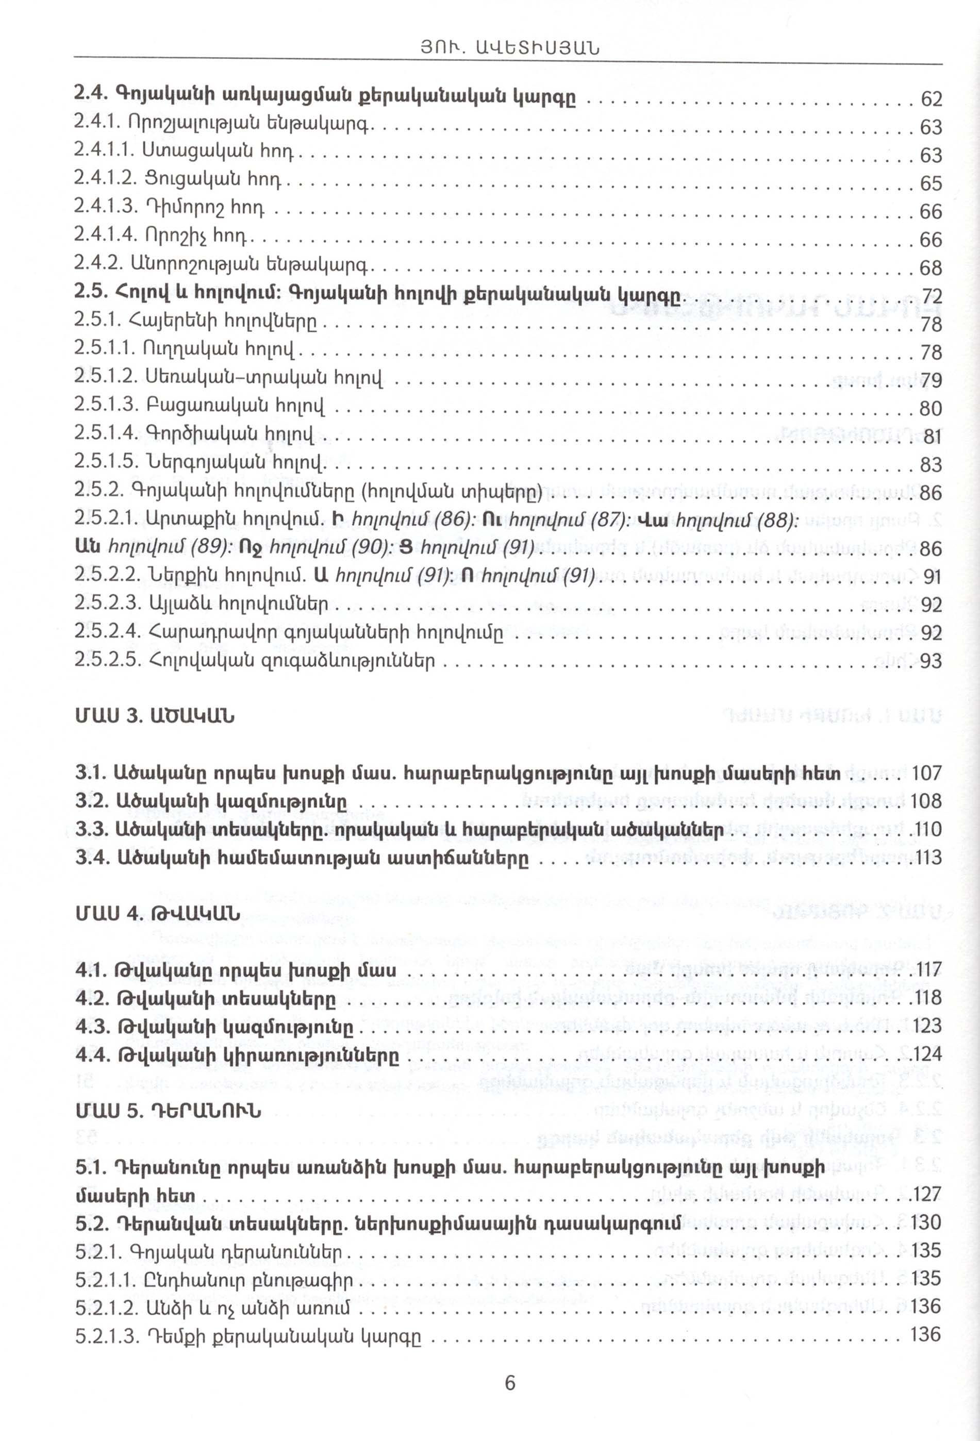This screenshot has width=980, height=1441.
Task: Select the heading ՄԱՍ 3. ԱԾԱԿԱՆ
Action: tap(155, 717)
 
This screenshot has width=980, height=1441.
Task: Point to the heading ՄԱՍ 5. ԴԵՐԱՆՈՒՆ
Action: tap(168, 1110)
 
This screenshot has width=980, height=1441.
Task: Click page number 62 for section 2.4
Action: tap(931, 99)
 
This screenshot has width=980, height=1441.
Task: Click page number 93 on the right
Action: tap(931, 662)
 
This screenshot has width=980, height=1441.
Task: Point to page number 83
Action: tap(931, 464)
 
